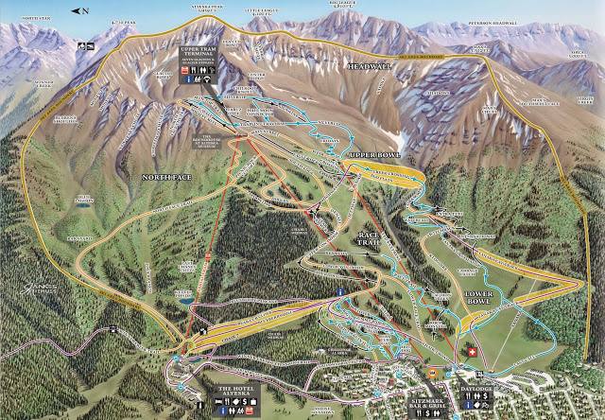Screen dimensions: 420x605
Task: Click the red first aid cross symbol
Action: click(x=472, y=352)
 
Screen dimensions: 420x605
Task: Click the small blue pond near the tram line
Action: click(x=185, y=296)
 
